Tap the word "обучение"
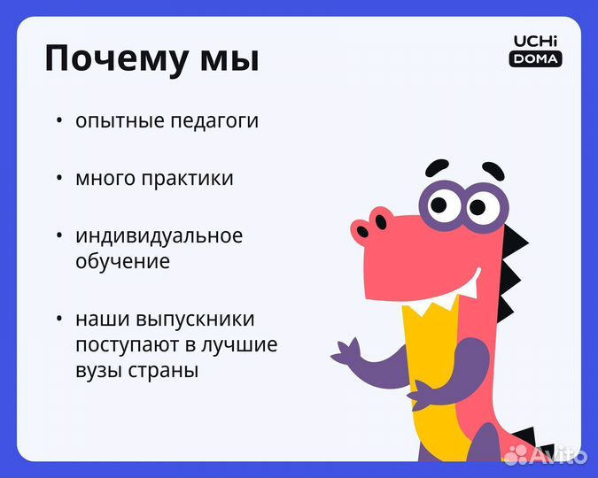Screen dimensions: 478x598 coord(122,262)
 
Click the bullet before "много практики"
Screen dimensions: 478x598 coord(59,178)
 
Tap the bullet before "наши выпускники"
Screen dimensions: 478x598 coord(59,320)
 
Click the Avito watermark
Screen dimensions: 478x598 coord(546,455)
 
